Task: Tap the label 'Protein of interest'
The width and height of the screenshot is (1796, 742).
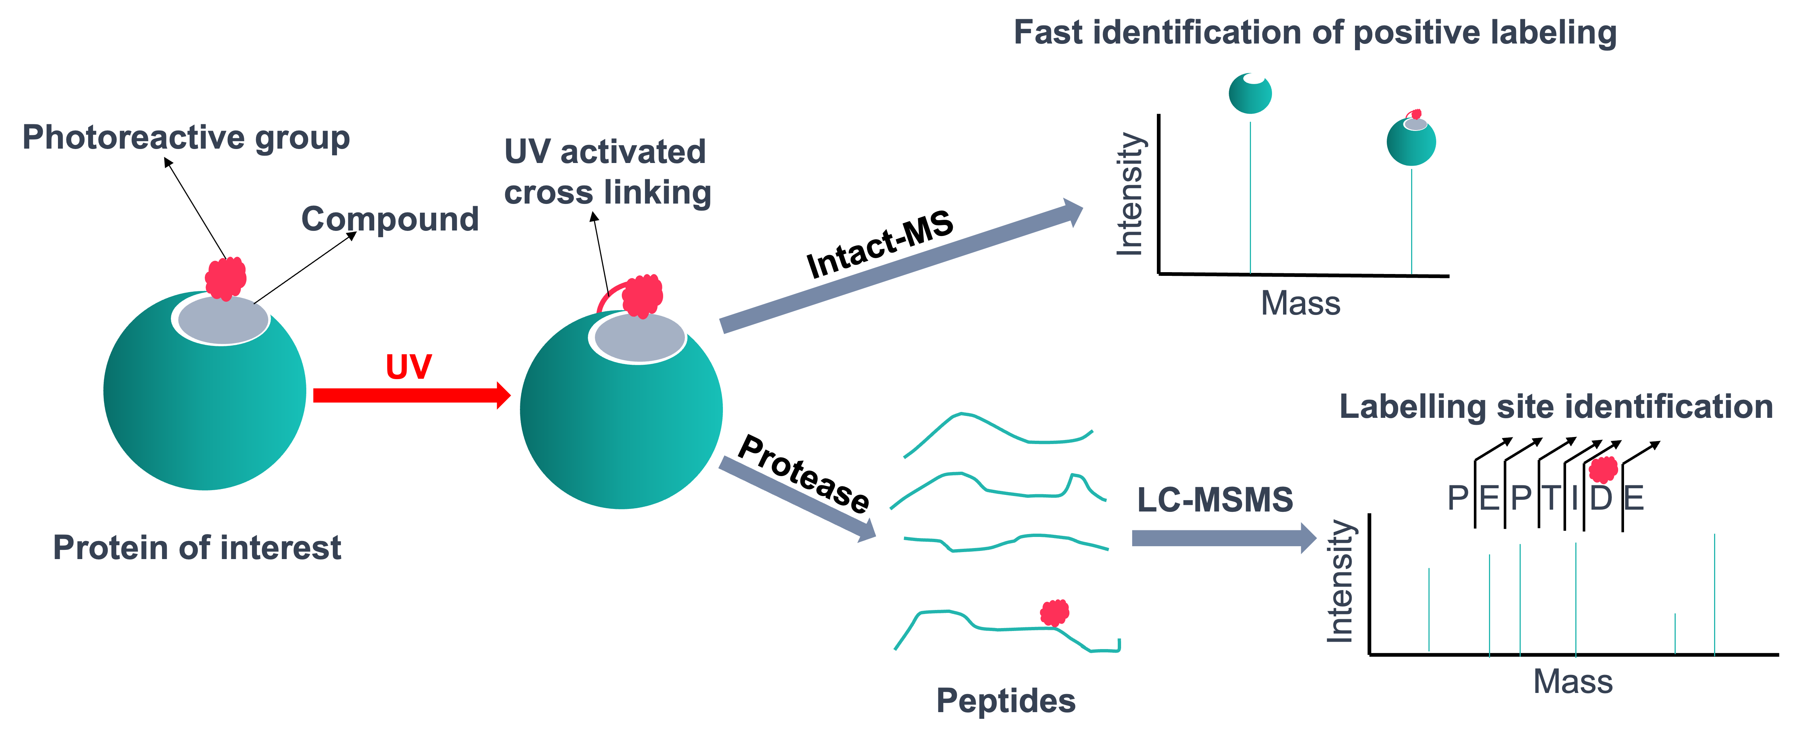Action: pyautogui.click(x=197, y=548)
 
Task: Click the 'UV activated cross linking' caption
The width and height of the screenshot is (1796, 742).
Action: pyautogui.click(x=607, y=171)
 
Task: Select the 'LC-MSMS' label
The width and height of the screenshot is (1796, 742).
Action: pyautogui.click(x=1214, y=500)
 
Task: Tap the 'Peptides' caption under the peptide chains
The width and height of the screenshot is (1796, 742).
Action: pyautogui.click(x=1005, y=700)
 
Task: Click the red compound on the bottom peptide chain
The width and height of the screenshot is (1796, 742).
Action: pyautogui.click(x=1054, y=613)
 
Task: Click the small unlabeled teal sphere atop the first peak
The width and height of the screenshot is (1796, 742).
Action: pyautogui.click(x=1250, y=93)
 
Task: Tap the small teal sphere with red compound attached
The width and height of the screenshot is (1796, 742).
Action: pyautogui.click(x=1411, y=141)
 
